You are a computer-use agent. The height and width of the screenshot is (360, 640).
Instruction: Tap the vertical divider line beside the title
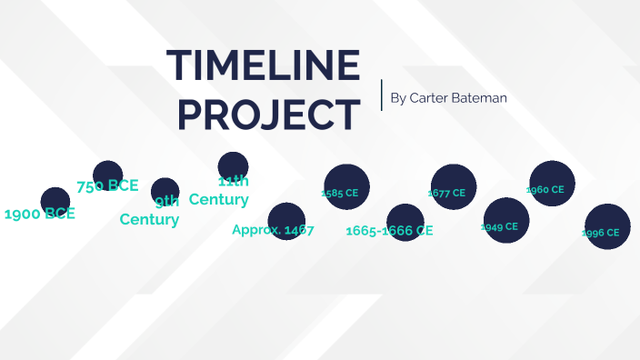[382, 95]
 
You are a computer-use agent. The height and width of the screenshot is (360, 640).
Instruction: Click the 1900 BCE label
[39, 215]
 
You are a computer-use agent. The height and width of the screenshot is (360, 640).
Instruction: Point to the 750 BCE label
[107, 185]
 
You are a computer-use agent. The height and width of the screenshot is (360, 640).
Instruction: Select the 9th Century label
[150, 211]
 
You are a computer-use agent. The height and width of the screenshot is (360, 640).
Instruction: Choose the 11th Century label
[219, 190]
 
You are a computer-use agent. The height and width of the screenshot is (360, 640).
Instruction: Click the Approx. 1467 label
[273, 230]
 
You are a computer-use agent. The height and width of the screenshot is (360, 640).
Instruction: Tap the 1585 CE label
[341, 193]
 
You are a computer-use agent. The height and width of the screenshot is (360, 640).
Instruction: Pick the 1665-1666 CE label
[389, 231]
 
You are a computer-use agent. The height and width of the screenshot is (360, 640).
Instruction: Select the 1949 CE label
[499, 226]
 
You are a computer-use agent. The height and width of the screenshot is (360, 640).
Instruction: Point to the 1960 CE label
[545, 190]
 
